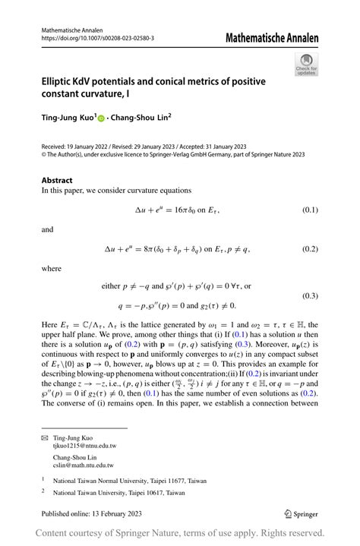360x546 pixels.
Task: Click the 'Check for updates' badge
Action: [x=306, y=64]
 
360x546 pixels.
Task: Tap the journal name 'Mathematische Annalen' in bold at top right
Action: [x=272, y=37]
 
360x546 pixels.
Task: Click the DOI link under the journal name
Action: [x=97, y=38]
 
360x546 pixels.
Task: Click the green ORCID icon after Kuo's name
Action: [x=102, y=118]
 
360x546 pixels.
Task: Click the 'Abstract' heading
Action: [x=57, y=180]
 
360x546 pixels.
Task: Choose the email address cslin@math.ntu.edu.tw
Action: [x=83, y=466]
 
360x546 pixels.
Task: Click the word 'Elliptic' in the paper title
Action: [x=61, y=81]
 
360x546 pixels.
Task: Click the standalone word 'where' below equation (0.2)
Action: [x=52, y=268]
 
